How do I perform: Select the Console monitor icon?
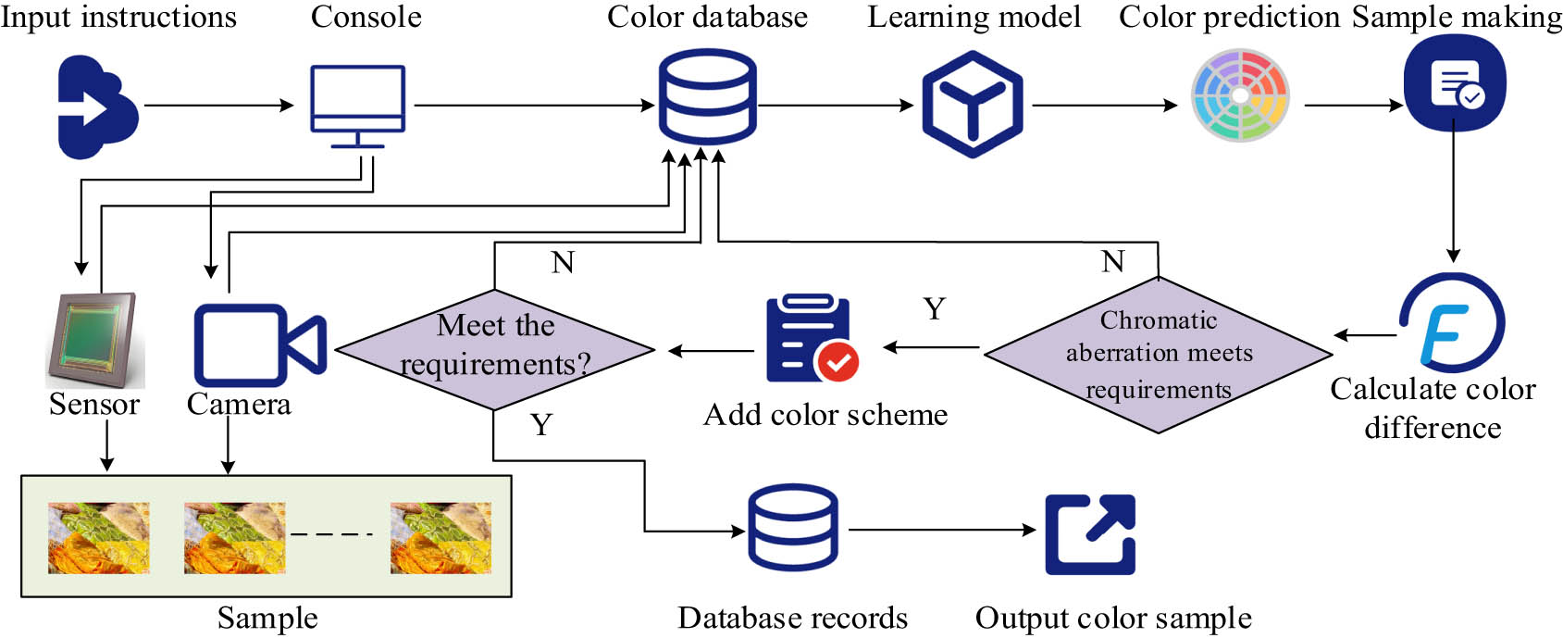coord(357,104)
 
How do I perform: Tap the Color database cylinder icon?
coord(707,95)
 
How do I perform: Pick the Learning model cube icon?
coord(972,104)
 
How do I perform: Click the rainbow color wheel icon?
coord(1240,95)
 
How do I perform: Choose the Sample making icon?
coord(1454,83)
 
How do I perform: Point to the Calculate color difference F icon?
coord(1451,323)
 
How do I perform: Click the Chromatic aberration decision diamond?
coord(1158,355)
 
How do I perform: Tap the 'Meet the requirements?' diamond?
coord(495,349)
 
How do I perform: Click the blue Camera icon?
coord(259,344)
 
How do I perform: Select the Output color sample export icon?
coord(1090,534)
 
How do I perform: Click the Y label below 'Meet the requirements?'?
coord(541,425)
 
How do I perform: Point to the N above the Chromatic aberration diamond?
coord(1113,261)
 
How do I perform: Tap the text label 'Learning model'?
coord(974,17)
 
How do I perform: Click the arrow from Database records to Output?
coord(942,530)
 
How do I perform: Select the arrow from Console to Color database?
coord(534,105)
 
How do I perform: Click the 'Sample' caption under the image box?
coord(267,618)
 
